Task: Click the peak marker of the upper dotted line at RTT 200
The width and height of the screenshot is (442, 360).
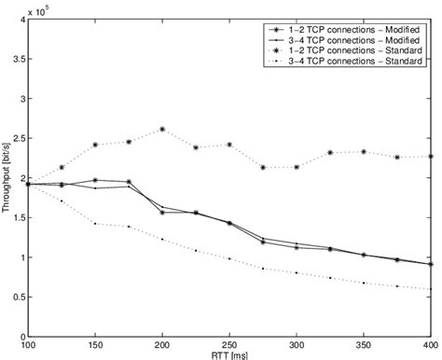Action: point(163,130)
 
